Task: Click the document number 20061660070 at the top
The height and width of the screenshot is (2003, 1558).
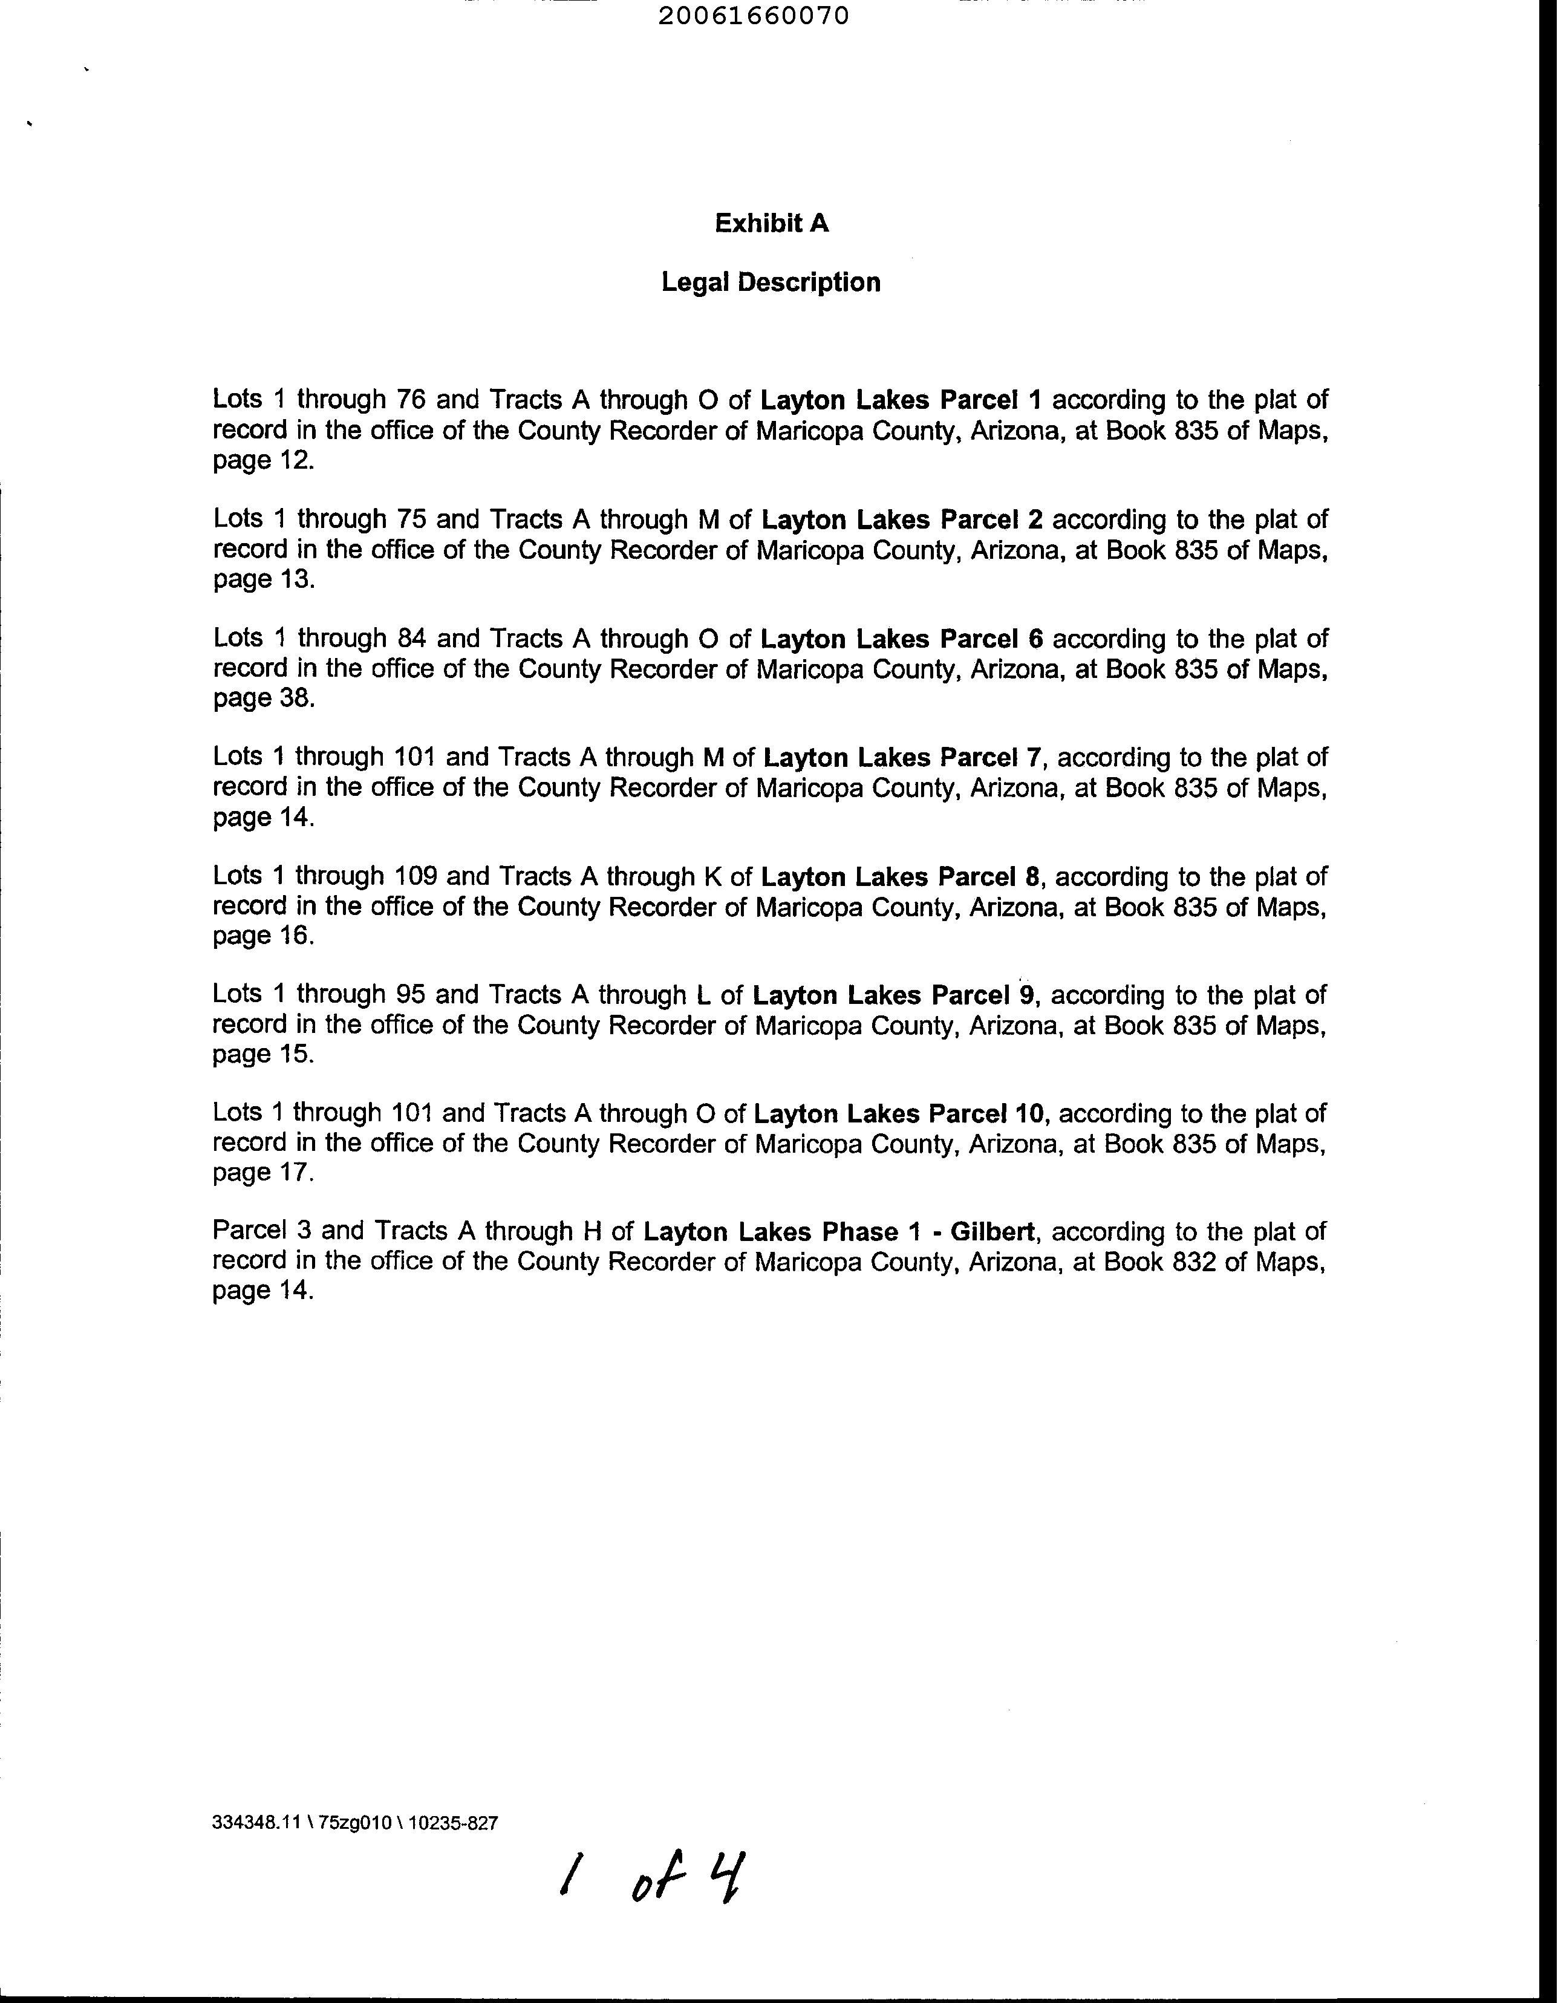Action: point(754,16)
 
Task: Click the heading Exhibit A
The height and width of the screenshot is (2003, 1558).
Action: point(771,224)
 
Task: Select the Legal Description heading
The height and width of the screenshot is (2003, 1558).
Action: point(771,282)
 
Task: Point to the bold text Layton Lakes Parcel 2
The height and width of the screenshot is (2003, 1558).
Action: point(902,520)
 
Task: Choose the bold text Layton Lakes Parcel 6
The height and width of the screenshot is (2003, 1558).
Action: point(902,639)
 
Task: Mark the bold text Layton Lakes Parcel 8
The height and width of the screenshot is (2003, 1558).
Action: point(902,878)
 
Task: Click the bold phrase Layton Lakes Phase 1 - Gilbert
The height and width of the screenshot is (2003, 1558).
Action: point(839,1232)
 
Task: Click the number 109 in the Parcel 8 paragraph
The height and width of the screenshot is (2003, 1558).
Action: point(416,878)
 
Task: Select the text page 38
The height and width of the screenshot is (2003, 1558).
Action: point(263,699)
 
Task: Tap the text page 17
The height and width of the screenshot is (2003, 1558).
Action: point(263,1173)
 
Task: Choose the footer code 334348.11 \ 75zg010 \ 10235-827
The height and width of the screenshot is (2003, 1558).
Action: point(355,1823)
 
